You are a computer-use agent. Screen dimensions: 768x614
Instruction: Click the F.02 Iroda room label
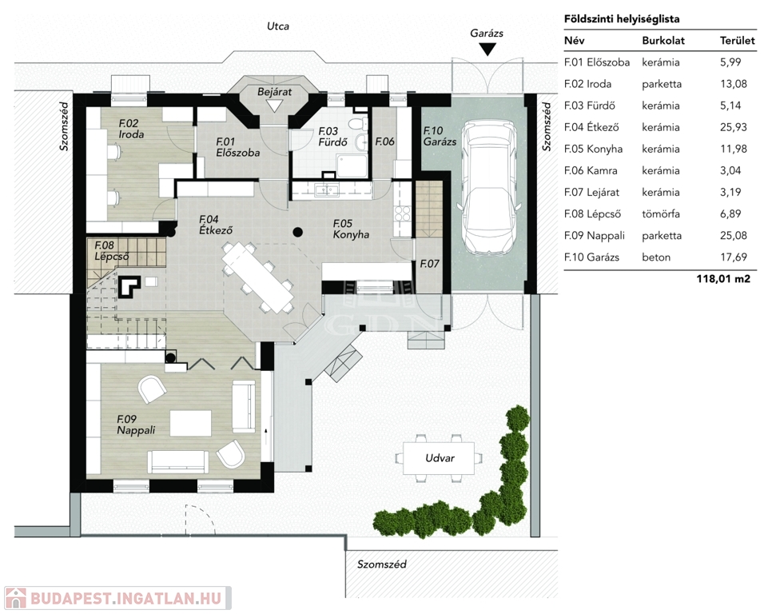pos(131,129)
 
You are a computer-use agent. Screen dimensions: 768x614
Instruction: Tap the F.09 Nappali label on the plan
pos(136,425)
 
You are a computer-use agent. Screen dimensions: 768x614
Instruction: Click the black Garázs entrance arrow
pos(487,49)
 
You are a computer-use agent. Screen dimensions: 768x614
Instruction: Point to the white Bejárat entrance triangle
pos(274,106)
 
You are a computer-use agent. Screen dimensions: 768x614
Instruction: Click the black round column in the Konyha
pos(298,233)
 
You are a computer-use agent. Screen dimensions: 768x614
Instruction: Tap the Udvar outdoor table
pos(439,458)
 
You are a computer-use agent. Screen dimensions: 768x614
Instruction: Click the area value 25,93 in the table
pos(733,127)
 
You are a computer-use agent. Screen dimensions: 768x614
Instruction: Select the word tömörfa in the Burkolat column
pos(661,214)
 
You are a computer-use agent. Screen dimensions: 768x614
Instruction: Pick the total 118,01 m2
pos(723,279)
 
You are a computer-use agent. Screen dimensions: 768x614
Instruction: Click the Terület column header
pos(737,41)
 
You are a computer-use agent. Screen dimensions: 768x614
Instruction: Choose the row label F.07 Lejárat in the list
pos(591,193)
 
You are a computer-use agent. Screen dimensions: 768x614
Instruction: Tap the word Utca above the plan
pos(278,26)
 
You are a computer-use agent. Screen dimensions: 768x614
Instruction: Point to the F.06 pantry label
pos(384,142)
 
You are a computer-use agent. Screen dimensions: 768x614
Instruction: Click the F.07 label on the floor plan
pos(429,264)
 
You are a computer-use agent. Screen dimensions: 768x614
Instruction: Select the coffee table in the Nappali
pos(190,424)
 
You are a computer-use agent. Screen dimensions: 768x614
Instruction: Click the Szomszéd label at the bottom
pos(381,564)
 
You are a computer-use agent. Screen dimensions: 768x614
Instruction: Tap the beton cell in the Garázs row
pos(656,257)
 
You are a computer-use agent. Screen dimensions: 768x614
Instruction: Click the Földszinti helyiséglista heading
pos(622,19)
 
